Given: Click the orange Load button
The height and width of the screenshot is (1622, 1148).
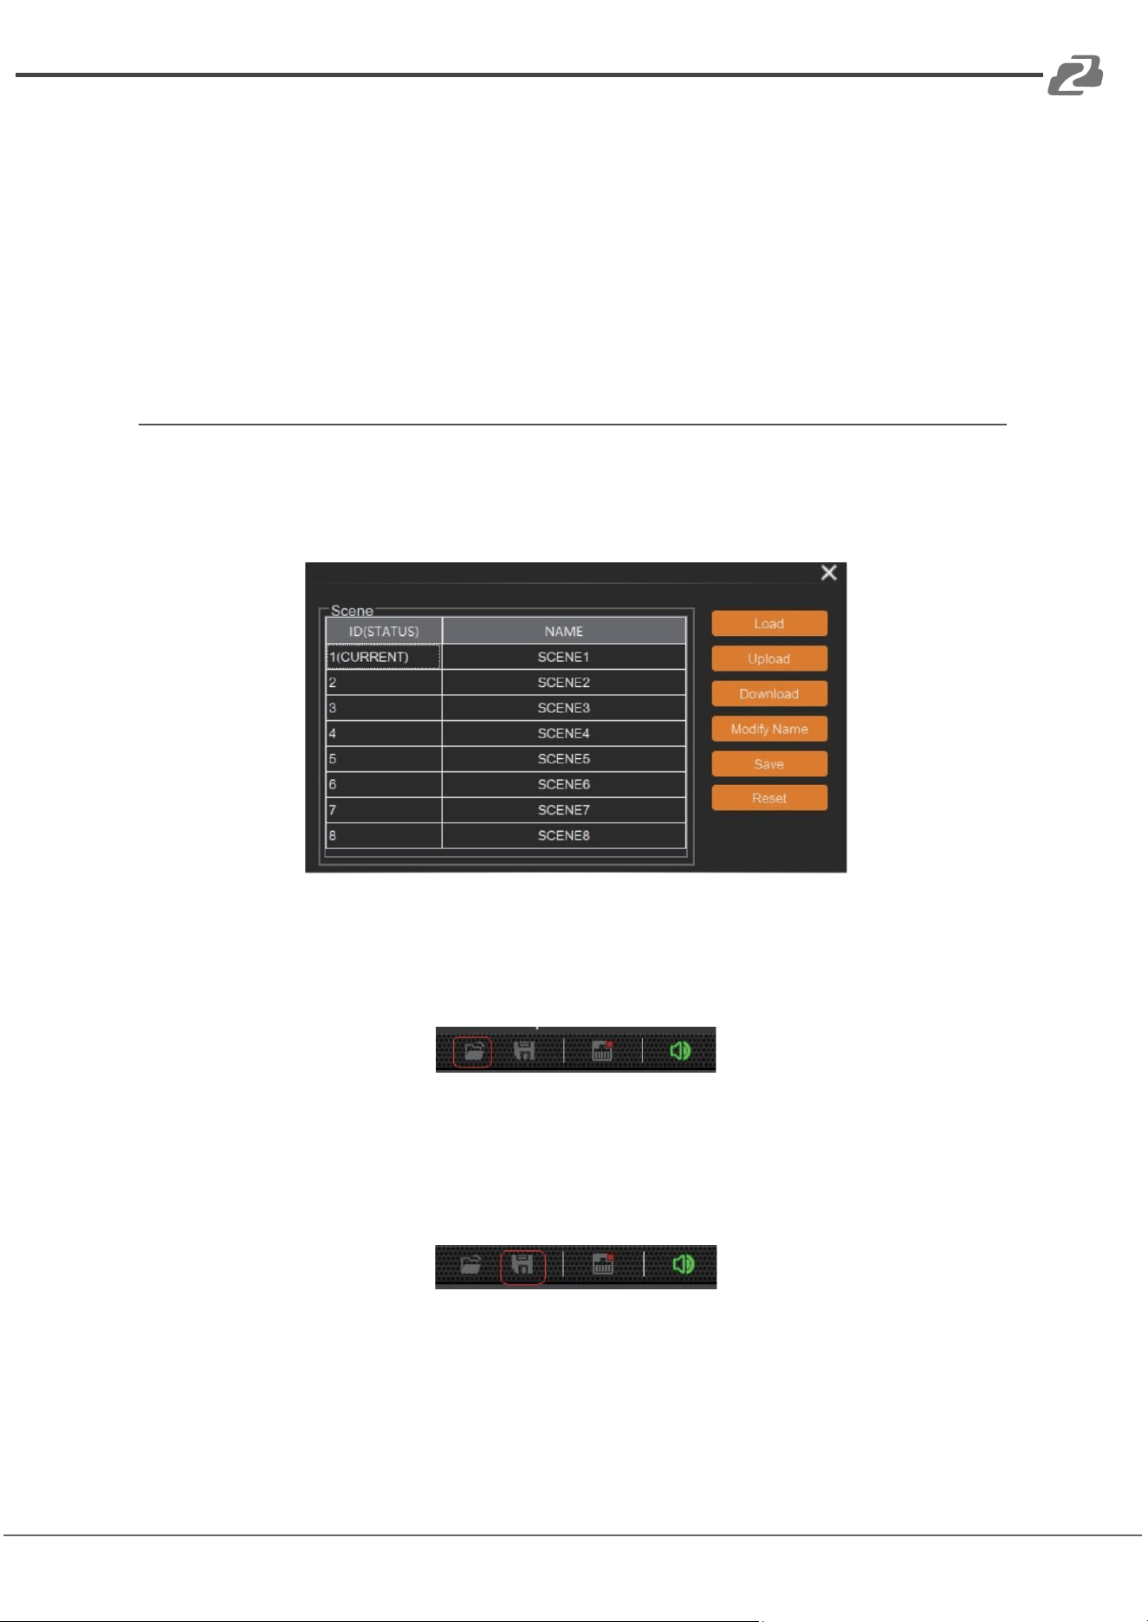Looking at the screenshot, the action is pyautogui.click(x=769, y=624).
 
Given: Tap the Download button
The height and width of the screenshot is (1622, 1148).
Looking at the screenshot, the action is pyautogui.click(x=769, y=694).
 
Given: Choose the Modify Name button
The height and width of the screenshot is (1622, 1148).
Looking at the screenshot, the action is pyautogui.click(x=769, y=729).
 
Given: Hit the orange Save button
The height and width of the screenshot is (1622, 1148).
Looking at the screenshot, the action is pyautogui.click(x=769, y=764).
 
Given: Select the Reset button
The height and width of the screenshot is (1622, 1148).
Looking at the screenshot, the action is pyautogui.click(x=769, y=798).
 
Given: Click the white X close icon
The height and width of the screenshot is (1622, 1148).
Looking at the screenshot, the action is pyautogui.click(x=829, y=573).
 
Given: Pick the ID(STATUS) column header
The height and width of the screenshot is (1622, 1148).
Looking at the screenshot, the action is pyautogui.click(x=384, y=631).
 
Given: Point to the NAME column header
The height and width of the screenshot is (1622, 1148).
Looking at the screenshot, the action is pyautogui.click(x=564, y=631).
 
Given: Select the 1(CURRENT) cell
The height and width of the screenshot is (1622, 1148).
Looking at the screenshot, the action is pyautogui.click(x=384, y=657).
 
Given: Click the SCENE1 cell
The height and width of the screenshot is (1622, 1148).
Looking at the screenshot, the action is pyautogui.click(x=564, y=657).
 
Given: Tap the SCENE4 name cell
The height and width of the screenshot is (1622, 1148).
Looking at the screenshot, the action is pyautogui.click(x=564, y=733).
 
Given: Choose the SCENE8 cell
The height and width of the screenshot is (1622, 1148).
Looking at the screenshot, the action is pyautogui.click(x=564, y=835).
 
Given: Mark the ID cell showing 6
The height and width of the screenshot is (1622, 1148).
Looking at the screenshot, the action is pyautogui.click(x=384, y=784).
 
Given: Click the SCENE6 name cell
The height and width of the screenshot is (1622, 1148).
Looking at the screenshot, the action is pyautogui.click(x=564, y=784).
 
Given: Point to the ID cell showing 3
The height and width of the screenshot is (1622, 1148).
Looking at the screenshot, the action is pyautogui.click(x=384, y=708).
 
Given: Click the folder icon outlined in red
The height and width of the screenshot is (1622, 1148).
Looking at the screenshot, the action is pyautogui.click(x=472, y=1052).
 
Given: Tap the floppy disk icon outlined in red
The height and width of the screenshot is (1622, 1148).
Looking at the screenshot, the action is pyautogui.click(x=522, y=1266).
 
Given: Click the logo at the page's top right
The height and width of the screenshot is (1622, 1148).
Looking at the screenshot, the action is pyautogui.click(x=1075, y=75).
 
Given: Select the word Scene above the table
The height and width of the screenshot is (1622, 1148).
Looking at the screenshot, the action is pyautogui.click(x=352, y=611).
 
